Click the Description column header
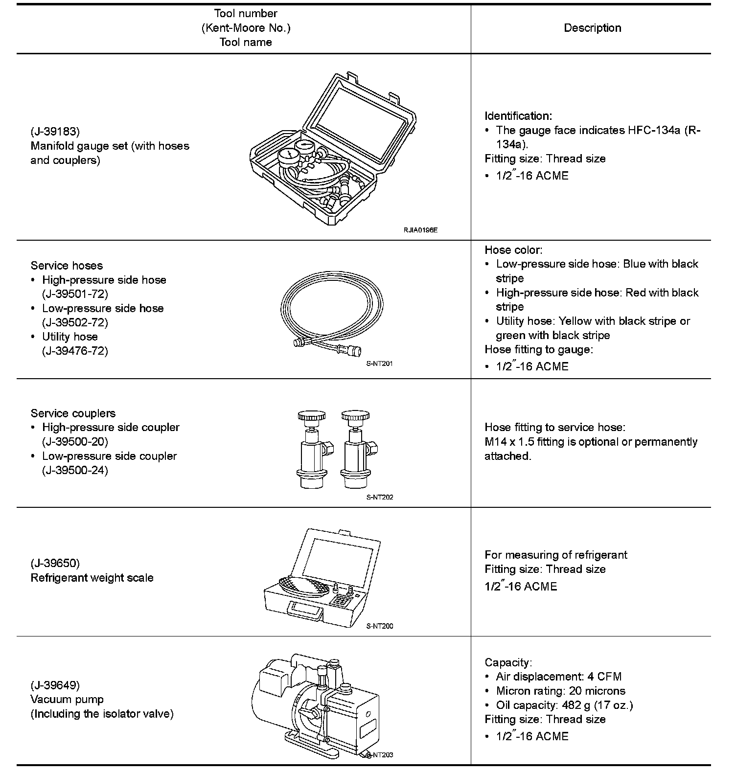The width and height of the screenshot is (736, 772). tap(592, 28)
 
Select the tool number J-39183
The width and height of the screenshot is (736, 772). tap(55, 131)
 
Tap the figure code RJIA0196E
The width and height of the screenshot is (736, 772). tap(420, 229)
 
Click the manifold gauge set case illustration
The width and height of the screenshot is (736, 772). tap(333, 149)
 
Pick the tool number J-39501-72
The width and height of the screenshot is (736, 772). tap(75, 294)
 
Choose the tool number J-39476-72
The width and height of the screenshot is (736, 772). tap(75, 351)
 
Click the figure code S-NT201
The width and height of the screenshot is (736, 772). tap(379, 363)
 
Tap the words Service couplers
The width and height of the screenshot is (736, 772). tap(73, 413)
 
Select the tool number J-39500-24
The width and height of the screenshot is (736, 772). tap(75, 470)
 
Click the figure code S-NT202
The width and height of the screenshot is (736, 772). tap(379, 497)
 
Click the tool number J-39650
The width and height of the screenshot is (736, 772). tap(55, 563)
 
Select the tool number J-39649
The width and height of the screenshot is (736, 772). tap(55, 685)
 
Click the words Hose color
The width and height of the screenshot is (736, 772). tap(513, 250)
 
